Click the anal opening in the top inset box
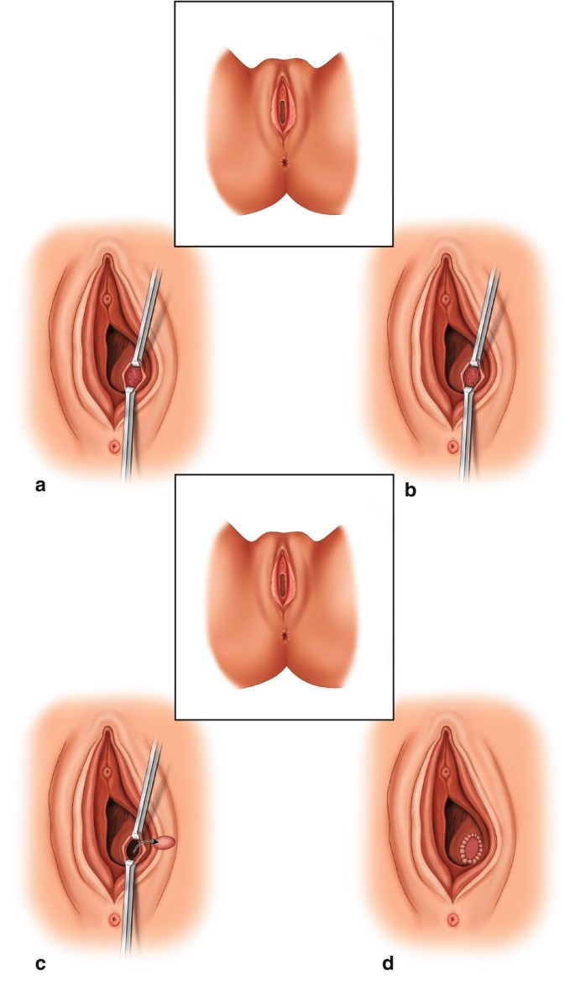pyautogui.click(x=285, y=159)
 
